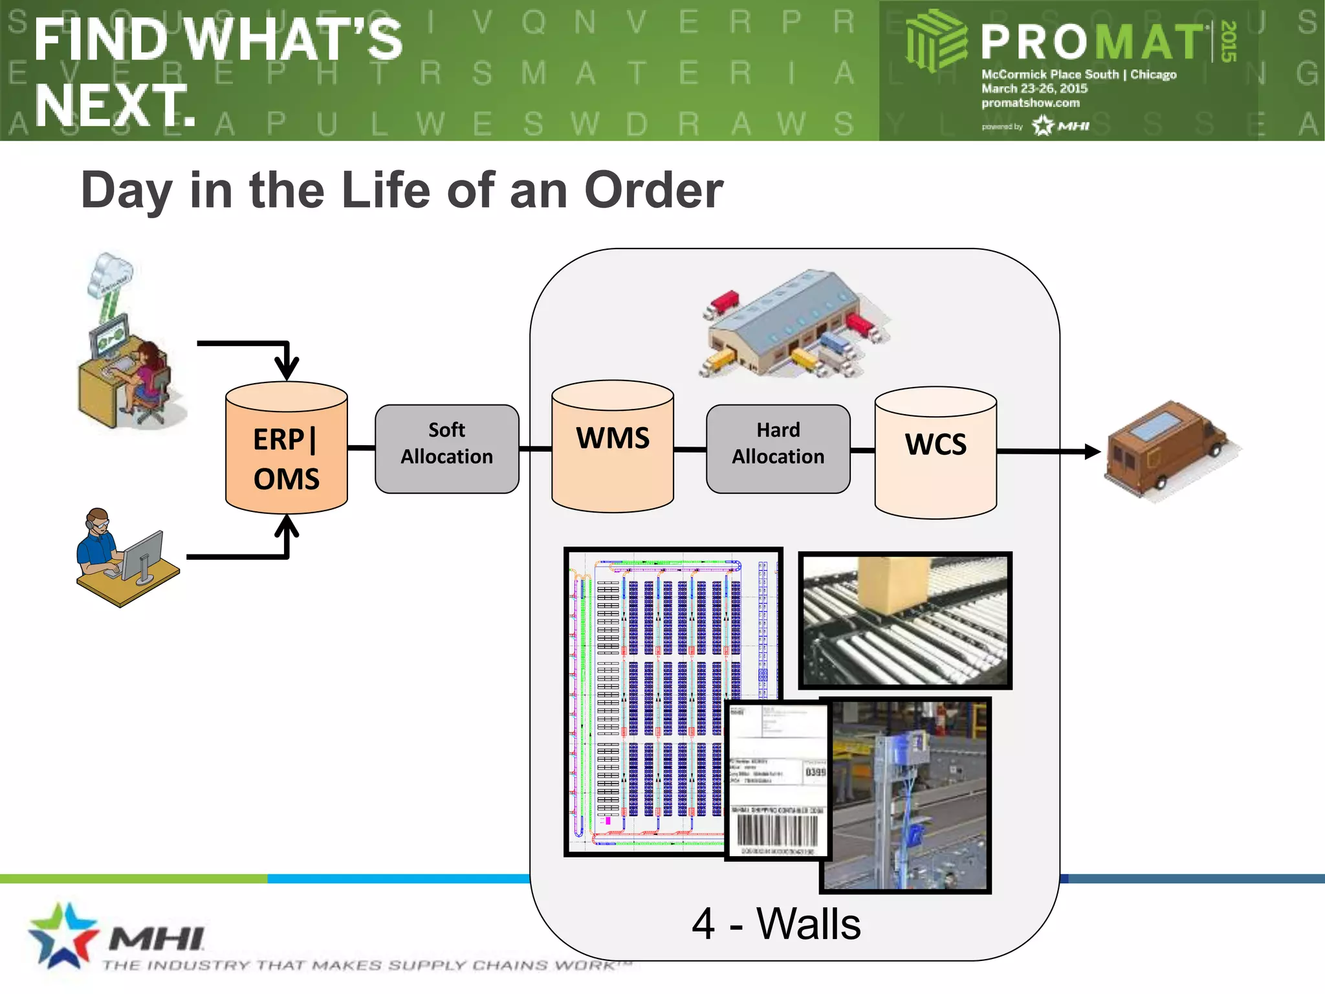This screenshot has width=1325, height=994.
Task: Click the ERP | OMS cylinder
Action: pyautogui.click(x=286, y=453)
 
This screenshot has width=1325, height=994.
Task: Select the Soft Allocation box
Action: pyautogui.click(x=446, y=449)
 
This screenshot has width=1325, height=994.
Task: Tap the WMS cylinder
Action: pyautogui.click(x=612, y=447)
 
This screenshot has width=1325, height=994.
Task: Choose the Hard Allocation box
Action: pyautogui.click(x=778, y=449)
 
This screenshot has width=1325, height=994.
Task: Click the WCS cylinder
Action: pyautogui.click(x=936, y=453)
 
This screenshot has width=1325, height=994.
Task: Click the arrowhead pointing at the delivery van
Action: pyautogui.click(x=1092, y=451)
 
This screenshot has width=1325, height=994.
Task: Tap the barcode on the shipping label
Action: pyautogui.click(x=776, y=831)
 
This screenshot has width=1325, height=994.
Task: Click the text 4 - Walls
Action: pyautogui.click(x=776, y=924)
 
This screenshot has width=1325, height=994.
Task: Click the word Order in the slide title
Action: pyautogui.click(x=653, y=190)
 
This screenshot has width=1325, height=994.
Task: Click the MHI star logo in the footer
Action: pyautogui.click(x=61, y=935)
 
